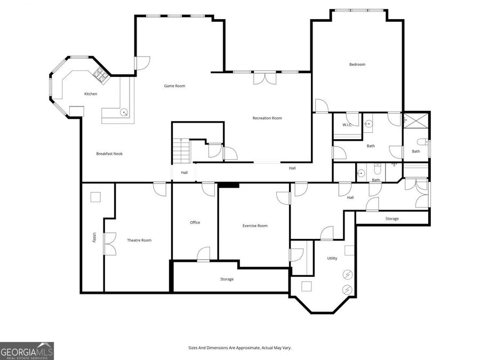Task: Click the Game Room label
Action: click(x=174, y=86)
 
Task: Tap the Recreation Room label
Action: click(x=267, y=118)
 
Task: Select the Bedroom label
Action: click(x=357, y=65)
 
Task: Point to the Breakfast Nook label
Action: click(x=109, y=154)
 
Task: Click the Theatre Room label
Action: click(x=139, y=241)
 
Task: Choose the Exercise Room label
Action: click(x=255, y=226)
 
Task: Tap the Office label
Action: click(x=195, y=222)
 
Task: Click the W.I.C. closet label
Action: click(x=347, y=125)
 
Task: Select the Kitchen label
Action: click(x=91, y=94)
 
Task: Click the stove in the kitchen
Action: click(x=101, y=75)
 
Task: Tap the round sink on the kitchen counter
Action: click(x=124, y=112)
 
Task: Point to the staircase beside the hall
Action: click(x=181, y=151)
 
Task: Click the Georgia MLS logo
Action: click(x=27, y=351)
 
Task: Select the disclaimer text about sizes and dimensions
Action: click(x=239, y=348)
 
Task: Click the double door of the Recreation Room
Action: click(x=265, y=78)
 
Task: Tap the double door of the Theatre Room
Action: click(x=110, y=244)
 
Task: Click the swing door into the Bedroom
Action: click(x=322, y=106)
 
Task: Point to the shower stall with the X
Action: click(x=416, y=119)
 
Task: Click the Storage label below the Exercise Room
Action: click(x=227, y=279)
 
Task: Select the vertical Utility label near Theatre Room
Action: click(x=94, y=237)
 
